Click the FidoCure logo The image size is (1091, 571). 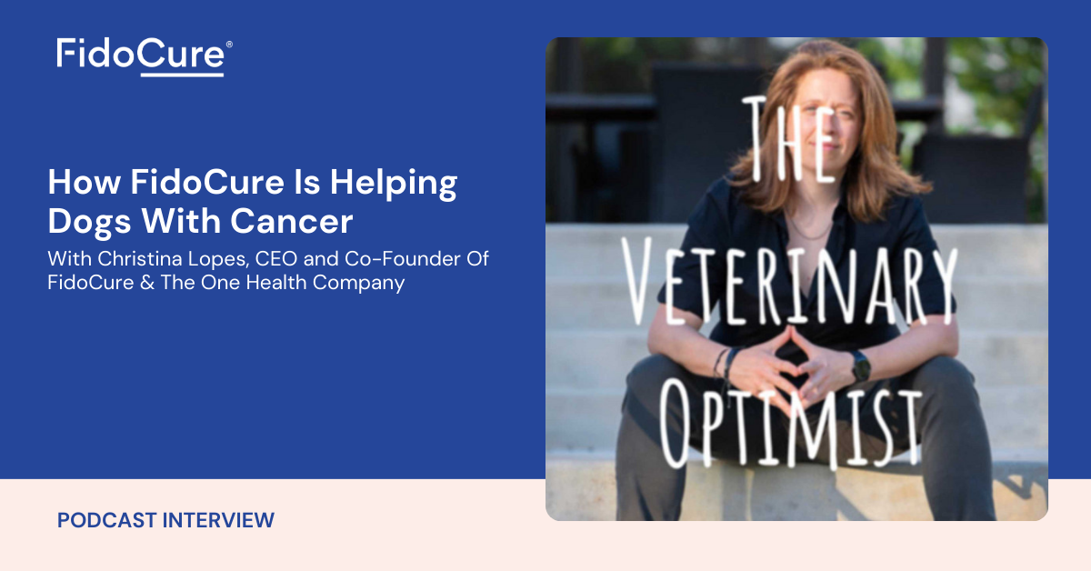[x=144, y=57]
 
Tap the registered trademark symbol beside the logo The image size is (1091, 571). [x=229, y=45]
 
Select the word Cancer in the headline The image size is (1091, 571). [x=291, y=222]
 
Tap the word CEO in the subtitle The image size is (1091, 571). [x=276, y=259]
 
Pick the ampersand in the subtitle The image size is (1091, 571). [x=147, y=283]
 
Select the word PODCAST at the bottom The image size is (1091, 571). [x=106, y=520]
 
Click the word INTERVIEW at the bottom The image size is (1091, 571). [x=218, y=520]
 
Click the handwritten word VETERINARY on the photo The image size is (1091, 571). [x=789, y=282]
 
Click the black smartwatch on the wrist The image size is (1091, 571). [x=861, y=366]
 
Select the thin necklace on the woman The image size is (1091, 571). [x=808, y=229]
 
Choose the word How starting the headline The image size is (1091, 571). [x=85, y=182]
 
